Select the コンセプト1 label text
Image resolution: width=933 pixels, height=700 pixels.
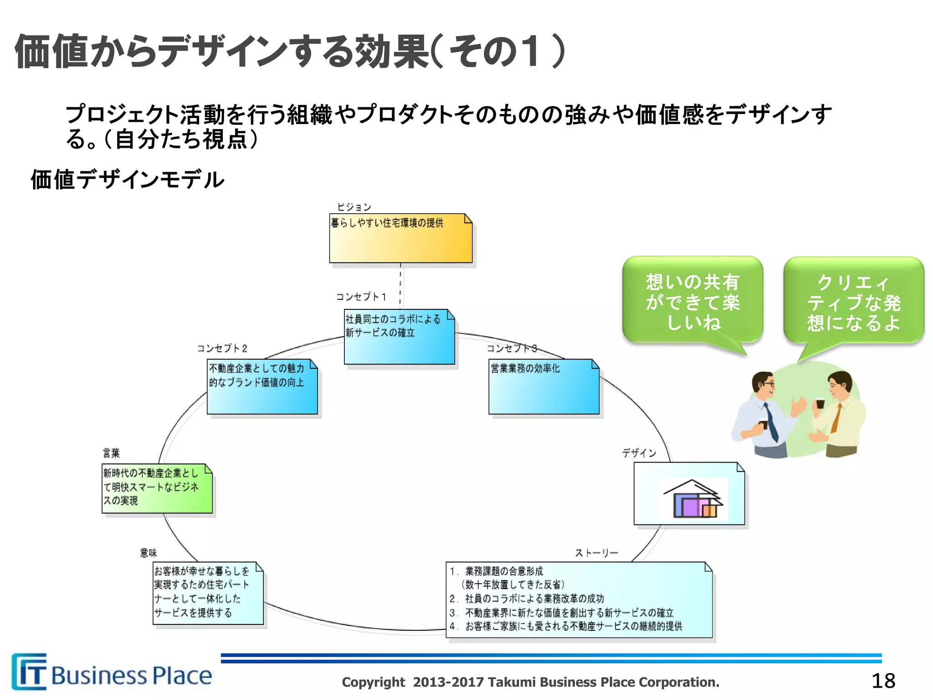click(x=361, y=297)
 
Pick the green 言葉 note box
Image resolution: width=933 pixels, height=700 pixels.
click(x=157, y=488)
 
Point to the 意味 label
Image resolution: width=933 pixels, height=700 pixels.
click(x=148, y=553)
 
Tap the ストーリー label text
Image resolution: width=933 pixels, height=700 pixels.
click(x=596, y=553)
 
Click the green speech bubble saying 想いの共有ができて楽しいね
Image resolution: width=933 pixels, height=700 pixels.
click(x=692, y=301)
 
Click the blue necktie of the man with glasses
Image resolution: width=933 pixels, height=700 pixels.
click(x=771, y=422)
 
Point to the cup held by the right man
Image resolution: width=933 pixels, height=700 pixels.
click(x=820, y=403)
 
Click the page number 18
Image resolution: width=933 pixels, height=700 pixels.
click(x=883, y=681)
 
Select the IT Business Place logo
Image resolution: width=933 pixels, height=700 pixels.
click(x=112, y=673)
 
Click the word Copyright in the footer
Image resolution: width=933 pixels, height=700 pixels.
click(x=373, y=682)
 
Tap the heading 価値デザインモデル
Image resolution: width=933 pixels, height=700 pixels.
click(x=127, y=179)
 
